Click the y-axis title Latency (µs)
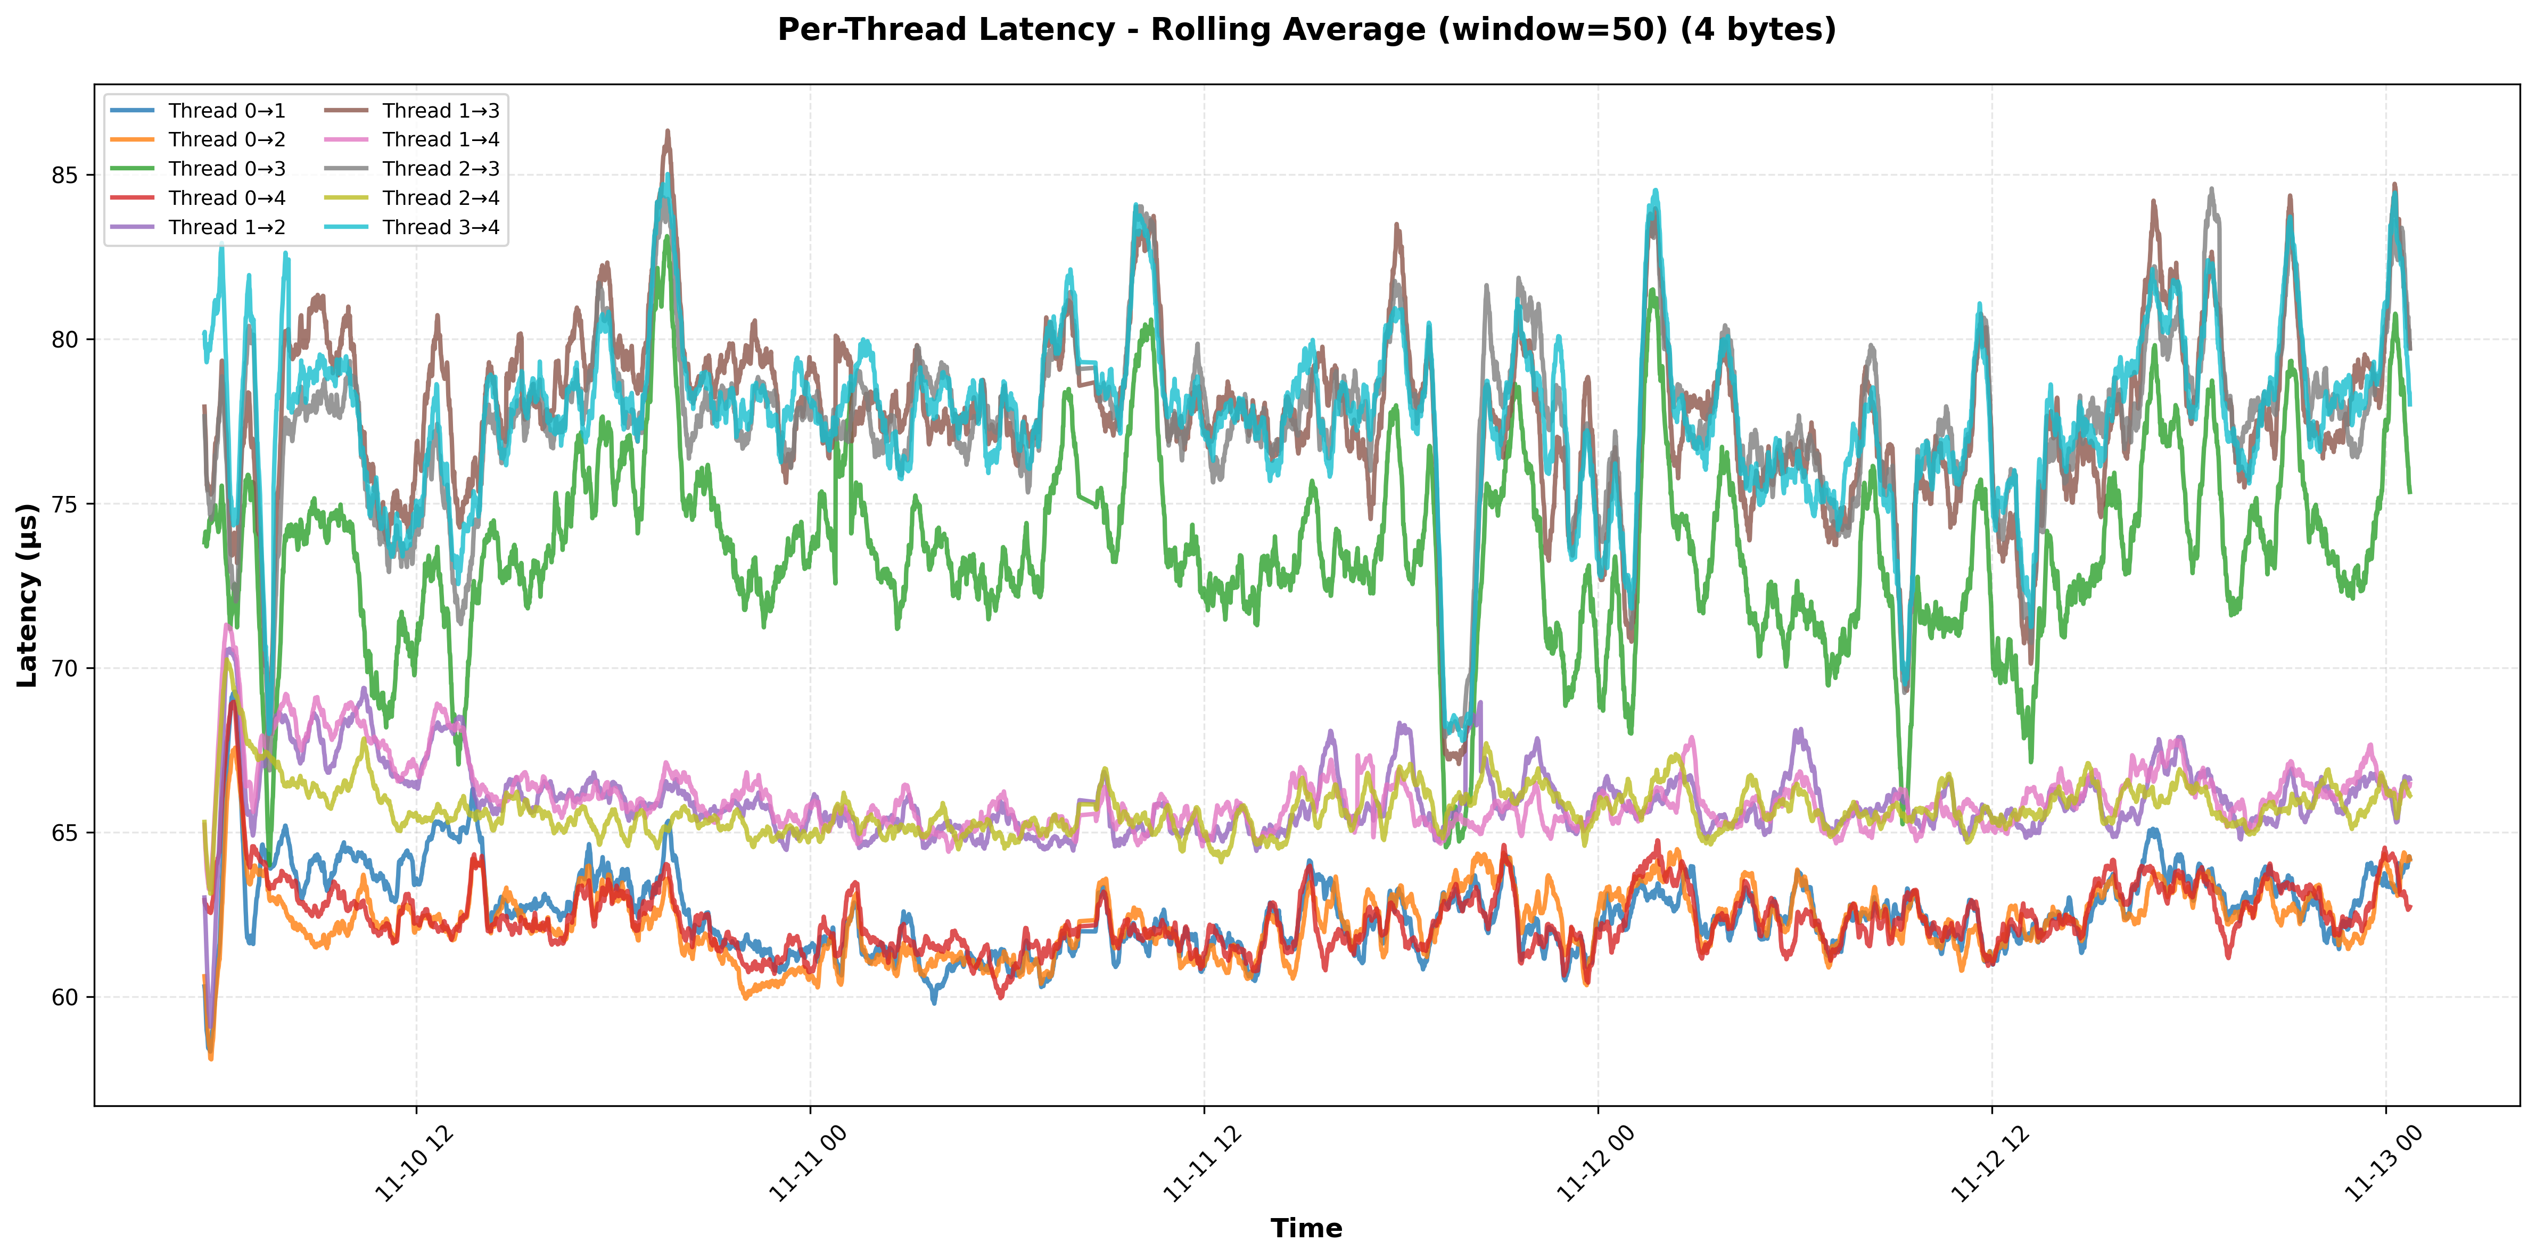(28, 595)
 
